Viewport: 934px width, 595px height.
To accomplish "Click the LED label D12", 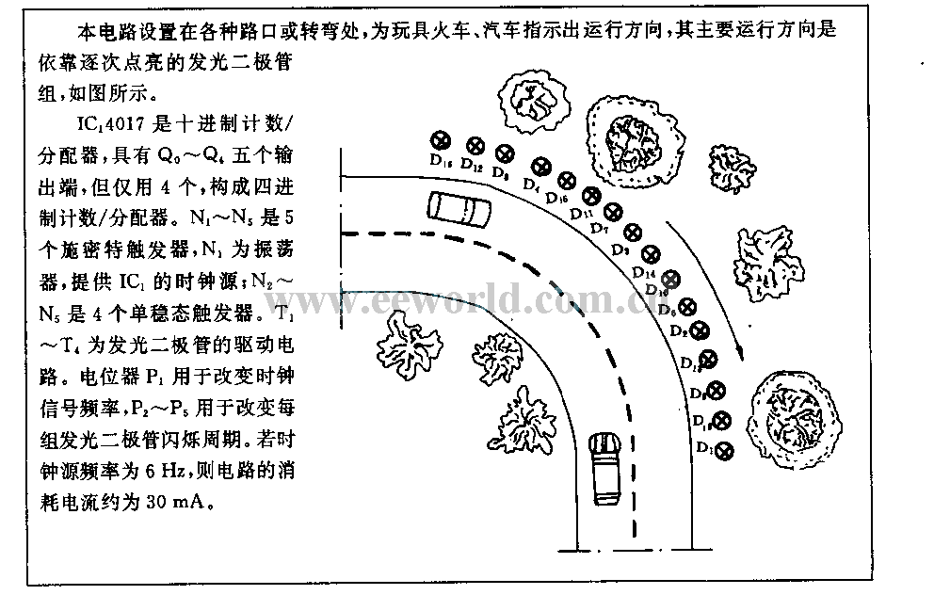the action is click(473, 169).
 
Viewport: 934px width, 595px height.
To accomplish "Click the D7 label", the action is click(600, 229).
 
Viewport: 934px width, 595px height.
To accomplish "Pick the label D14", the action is click(644, 271).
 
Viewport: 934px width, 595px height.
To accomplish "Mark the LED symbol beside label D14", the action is click(669, 279).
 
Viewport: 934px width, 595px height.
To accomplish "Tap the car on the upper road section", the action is click(458, 208).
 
